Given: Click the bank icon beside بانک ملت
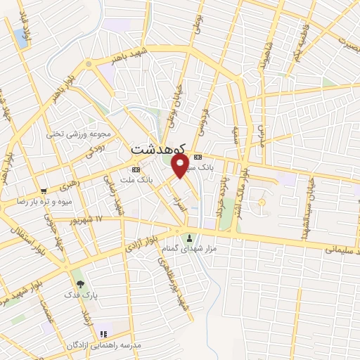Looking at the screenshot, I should point(136,169).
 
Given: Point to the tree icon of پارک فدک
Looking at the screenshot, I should point(80,284).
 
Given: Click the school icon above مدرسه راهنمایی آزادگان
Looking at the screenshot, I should point(103,334).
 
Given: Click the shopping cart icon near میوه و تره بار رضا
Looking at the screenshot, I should point(44,191).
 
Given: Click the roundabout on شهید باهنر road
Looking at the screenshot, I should point(89,64).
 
